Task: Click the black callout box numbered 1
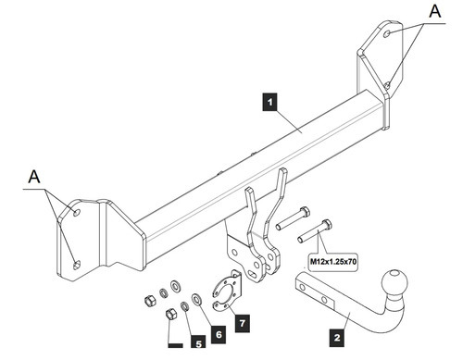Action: (269, 102)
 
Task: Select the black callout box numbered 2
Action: (337, 337)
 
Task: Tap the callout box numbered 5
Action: (198, 341)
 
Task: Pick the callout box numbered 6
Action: (219, 334)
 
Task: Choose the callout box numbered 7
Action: (243, 323)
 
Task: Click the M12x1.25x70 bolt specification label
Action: (333, 262)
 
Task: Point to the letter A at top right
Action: (435, 11)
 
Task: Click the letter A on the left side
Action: (34, 177)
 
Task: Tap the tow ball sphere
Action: (394, 281)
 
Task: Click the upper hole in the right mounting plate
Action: (387, 34)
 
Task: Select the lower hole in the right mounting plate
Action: (387, 85)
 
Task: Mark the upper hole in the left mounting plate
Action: (76, 213)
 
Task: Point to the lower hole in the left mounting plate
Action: (76, 265)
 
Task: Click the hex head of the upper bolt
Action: (305, 212)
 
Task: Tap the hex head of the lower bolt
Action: (327, 224)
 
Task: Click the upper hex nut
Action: (150, 300)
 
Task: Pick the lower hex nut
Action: (171, 315)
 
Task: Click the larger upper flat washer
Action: (176, 286)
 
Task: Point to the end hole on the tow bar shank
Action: (302, 288)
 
